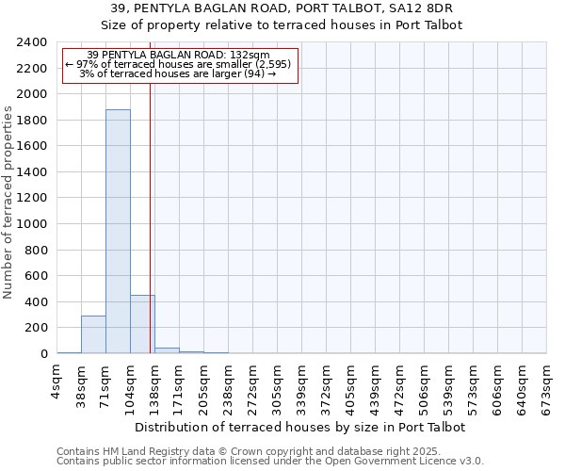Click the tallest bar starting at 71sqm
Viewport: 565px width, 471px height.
pyautogui.click(x=118, y=231)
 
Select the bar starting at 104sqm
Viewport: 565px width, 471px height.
pyautogui.click(x=142, y=324)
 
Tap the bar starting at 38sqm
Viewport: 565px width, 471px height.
pyautogui.click(x=93, y=334)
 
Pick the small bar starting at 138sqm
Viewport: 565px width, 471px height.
pyautogui.click(x=167, y=350)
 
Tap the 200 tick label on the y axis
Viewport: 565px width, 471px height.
pyautogui.click(x=37, y=328)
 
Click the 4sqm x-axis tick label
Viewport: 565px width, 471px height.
pyautogui.click(x=57, y=386)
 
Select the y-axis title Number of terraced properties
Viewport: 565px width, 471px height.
pyautogui.click(x=8, y=203)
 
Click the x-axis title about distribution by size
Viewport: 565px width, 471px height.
pyautogui.click(x=301, y=427)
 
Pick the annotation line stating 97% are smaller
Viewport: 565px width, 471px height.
pyautogui.click(x=179, y=64)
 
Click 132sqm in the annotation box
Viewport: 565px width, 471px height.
pyautogui.click(x=249, y=55)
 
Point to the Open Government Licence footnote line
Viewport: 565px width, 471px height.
pyautogui.click(x=270, y=461)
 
